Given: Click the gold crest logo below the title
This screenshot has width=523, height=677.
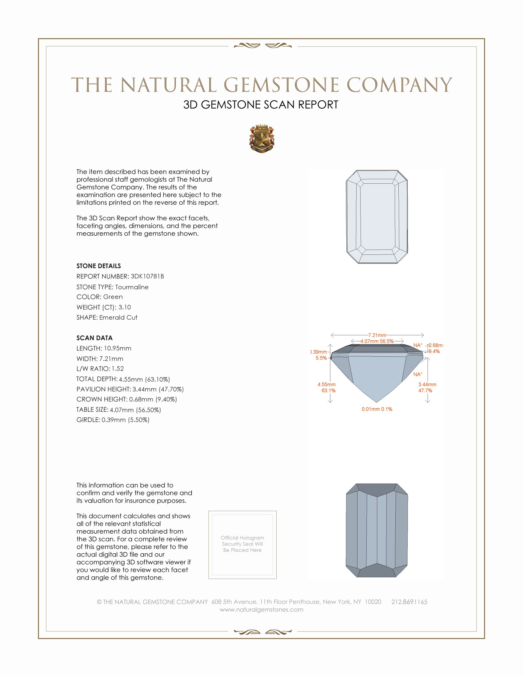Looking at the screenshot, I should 261,139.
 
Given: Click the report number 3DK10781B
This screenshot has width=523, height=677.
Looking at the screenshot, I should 147,276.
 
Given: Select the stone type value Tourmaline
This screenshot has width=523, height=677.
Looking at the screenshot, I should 132,287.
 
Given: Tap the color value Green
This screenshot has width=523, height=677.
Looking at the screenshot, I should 113,297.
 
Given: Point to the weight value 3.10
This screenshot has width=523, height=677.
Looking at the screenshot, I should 125,307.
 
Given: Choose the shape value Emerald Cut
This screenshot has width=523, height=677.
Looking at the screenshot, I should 118,318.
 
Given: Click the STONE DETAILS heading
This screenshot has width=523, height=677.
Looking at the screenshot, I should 98,266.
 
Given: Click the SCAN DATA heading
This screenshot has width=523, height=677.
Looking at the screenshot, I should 94,338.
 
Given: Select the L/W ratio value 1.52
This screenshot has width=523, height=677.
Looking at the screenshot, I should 118,369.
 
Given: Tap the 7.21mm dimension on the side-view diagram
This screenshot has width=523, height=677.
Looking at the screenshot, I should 377,335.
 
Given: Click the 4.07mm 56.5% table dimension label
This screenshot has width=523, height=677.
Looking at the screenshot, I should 377,341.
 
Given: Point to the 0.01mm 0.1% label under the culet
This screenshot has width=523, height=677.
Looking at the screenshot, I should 377,409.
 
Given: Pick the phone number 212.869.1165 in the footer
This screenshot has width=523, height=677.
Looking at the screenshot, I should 409,602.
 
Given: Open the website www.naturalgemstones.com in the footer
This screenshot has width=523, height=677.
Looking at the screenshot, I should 261,610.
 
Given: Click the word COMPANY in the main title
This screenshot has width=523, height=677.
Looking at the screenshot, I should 399,85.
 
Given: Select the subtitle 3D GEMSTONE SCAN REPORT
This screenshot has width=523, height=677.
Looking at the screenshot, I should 261,105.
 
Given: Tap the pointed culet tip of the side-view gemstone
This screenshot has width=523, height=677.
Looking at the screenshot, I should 377,403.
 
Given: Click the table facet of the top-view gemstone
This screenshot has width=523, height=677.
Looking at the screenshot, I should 377,216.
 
